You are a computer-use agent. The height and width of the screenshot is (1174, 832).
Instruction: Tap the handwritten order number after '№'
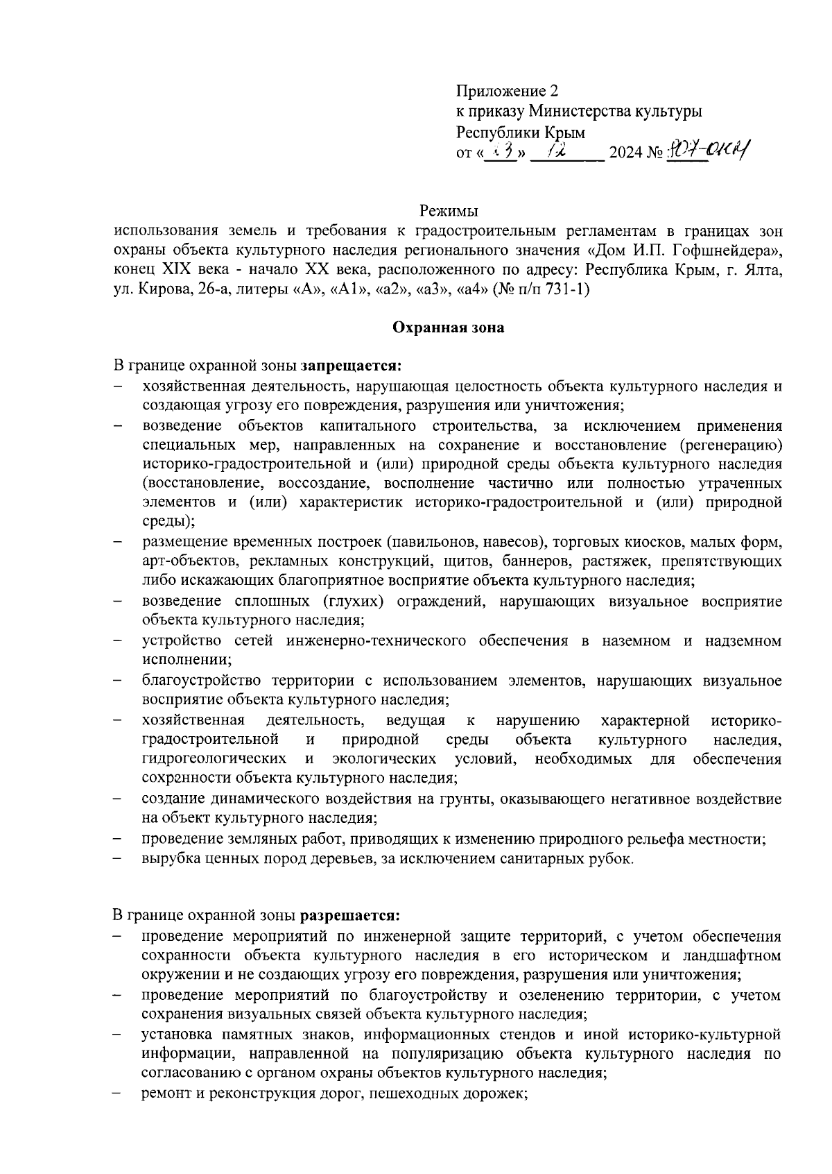point(709,149)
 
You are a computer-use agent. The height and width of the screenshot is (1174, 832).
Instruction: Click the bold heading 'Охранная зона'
point(448,327)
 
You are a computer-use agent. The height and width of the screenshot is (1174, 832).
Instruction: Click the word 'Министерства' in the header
point(573,111)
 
